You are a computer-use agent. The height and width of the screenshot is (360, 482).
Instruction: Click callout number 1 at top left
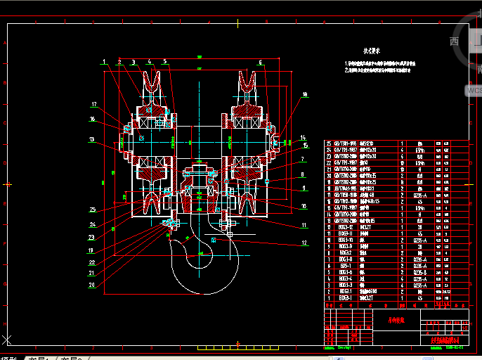point(104,62)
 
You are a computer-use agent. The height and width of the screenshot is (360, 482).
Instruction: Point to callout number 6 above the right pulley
point(260,63)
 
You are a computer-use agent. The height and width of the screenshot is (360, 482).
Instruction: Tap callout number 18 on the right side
point(305,94)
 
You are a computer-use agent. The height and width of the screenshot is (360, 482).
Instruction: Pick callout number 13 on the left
point(92,140)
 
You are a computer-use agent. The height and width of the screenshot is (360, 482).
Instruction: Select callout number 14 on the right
point(303,137)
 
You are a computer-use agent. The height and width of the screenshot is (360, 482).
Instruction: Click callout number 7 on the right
point(303,158)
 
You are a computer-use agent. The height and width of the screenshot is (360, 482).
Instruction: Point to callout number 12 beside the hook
point(304,243)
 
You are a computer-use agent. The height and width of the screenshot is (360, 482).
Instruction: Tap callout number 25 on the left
point(92,209)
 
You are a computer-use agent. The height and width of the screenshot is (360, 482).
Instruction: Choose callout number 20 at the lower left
point(91,285)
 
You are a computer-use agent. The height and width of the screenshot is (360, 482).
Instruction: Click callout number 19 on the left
point(91,250)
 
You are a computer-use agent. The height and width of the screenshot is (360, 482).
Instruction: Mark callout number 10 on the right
point(304,206)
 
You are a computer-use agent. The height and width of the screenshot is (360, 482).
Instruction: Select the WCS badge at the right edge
point(474,90)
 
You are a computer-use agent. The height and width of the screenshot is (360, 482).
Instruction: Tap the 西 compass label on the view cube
point(454,41)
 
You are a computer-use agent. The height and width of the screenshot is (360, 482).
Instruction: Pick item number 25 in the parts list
point(328,143)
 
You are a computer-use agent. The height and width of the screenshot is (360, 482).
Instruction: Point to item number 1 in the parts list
point(328,298)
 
